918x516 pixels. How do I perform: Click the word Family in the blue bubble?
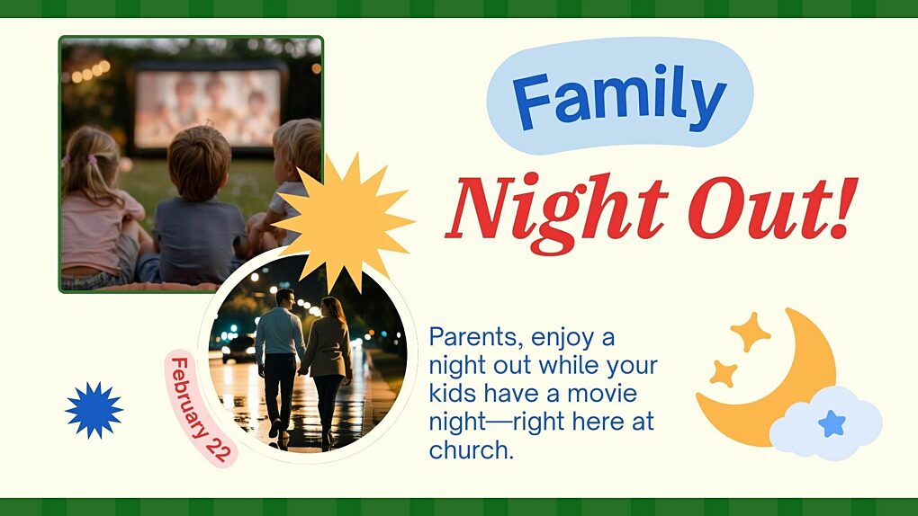tap(620, 98)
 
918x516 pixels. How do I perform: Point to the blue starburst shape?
tap(94, 410)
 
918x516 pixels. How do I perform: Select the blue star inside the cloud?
tap(832, 423)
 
